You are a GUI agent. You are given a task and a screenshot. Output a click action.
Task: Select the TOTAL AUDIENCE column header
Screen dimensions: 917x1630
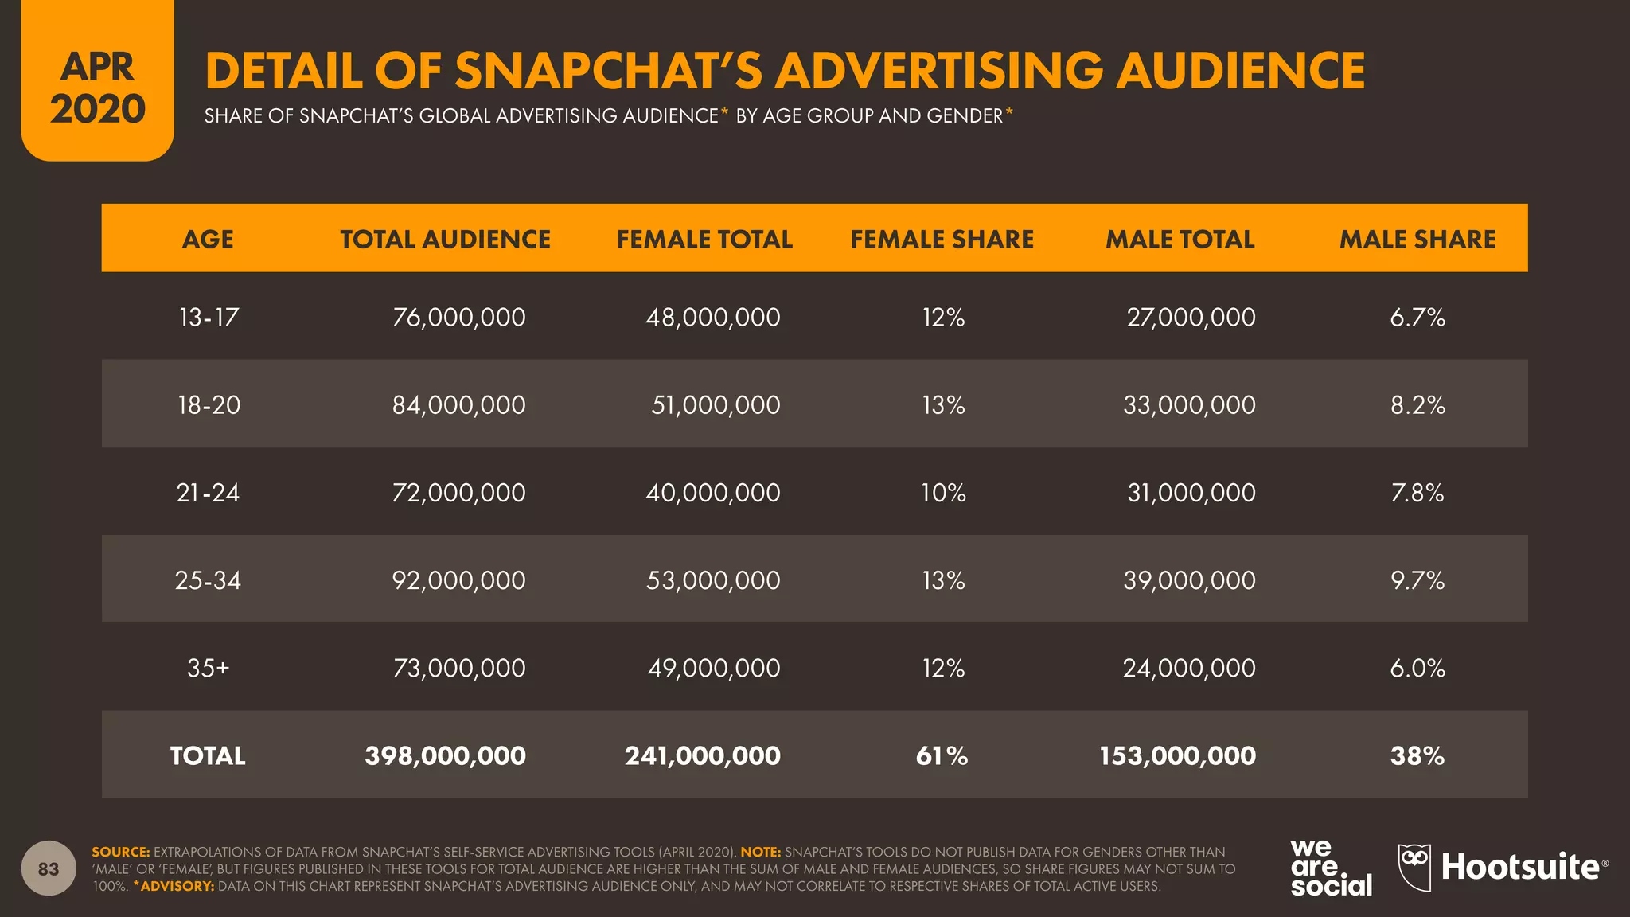445,239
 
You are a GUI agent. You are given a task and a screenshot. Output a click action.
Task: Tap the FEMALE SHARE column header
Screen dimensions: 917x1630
942,239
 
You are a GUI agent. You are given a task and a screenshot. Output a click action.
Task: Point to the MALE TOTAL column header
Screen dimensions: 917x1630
1180,239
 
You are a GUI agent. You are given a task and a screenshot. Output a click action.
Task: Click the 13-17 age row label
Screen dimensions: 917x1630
209,318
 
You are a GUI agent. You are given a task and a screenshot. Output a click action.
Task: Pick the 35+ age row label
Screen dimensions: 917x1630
208,668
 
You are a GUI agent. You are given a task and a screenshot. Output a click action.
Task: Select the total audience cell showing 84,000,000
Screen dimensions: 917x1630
458,405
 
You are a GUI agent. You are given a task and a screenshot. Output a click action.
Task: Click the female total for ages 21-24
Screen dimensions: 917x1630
712,493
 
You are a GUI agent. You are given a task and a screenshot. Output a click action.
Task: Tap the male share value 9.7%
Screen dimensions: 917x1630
1417,580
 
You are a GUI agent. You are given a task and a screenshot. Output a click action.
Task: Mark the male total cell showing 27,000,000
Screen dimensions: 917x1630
1191,318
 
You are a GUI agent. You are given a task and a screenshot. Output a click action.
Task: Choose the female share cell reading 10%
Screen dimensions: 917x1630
943,493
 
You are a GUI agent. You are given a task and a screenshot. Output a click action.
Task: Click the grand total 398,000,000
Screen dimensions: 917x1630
445,755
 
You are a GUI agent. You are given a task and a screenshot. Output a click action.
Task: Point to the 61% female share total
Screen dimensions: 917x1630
942,755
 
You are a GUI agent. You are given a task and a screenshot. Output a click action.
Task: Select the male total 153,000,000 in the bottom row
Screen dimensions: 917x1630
1177,755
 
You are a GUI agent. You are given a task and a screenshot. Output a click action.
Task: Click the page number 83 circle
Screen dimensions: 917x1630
49,868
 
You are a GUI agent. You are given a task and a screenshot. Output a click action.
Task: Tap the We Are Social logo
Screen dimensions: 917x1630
1330,868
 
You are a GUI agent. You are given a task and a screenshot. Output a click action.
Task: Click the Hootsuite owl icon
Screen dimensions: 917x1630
1414,867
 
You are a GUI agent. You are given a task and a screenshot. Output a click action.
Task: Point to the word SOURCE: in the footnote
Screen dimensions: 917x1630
120,852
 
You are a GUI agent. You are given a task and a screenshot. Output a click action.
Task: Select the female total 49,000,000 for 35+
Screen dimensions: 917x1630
713,668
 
